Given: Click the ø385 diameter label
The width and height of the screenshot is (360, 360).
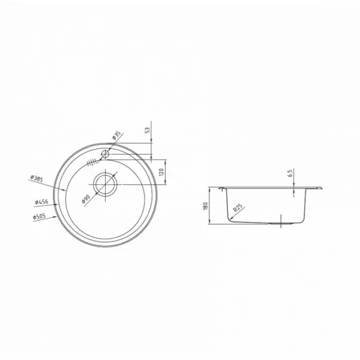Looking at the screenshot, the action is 37,178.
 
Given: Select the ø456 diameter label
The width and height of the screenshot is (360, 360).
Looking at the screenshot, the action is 41,202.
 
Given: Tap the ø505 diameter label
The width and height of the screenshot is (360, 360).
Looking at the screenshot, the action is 39,217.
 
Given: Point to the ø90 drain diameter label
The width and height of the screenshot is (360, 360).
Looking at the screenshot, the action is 86,199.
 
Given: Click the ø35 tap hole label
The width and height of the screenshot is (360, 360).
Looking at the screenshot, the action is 116,136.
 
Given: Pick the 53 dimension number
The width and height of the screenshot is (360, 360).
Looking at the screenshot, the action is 148,130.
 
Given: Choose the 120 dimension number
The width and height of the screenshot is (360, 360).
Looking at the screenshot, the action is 161,172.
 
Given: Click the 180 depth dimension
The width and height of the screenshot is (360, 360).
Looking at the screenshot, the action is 205,206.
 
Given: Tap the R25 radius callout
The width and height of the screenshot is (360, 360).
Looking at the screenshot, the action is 238,208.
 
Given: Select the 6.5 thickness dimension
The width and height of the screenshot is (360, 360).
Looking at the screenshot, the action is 290,173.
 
